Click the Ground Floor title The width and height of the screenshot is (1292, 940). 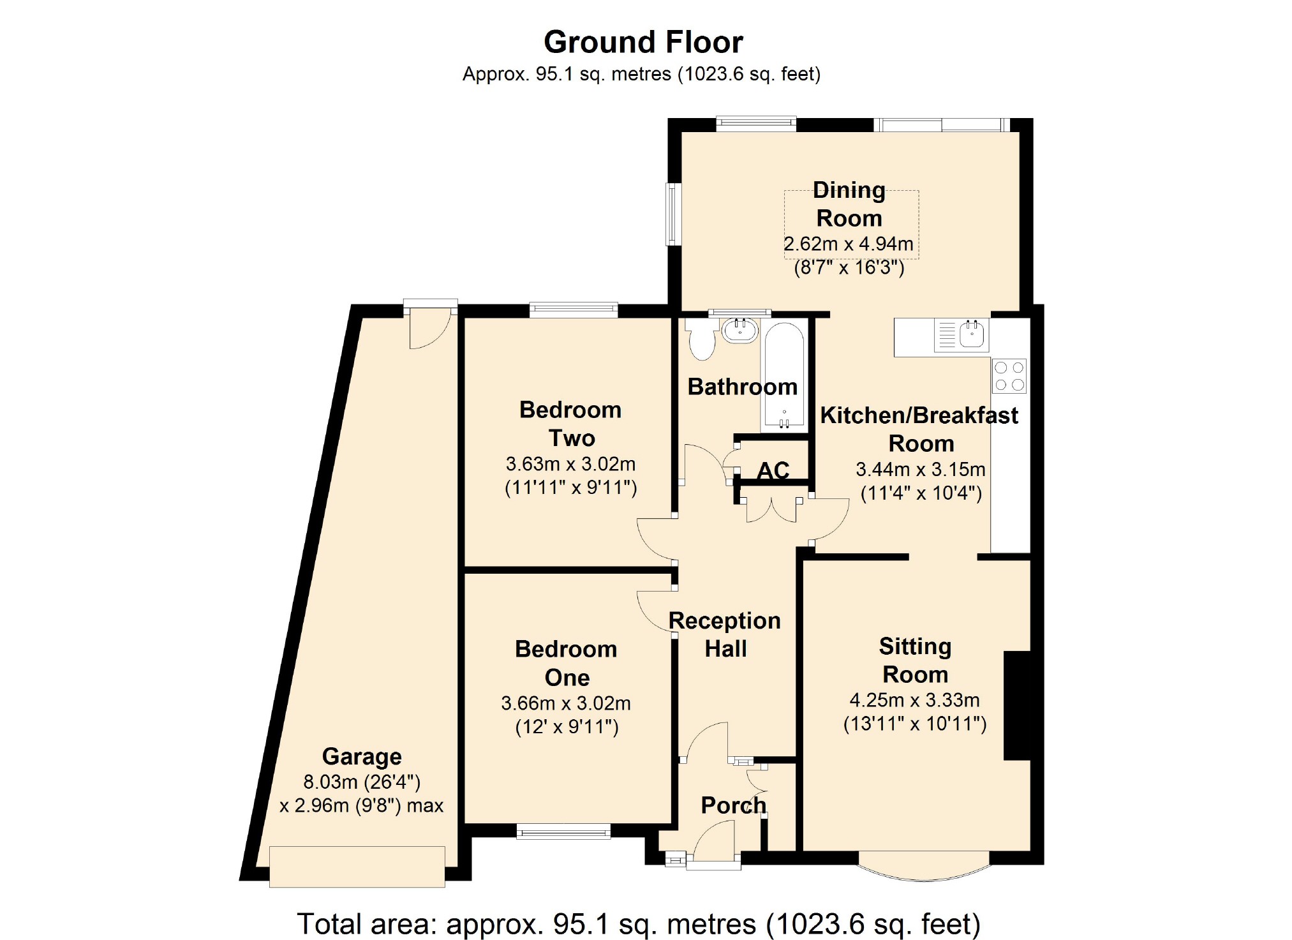point(643,43)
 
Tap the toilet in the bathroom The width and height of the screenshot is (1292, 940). point(702,339)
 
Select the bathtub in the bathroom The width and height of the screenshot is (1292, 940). point(784,377)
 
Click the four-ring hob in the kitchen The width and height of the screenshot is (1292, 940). point(1009,376)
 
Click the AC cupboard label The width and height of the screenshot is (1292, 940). point(773,471)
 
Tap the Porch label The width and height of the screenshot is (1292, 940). point(733,805)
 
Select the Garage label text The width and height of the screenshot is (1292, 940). point(362,756)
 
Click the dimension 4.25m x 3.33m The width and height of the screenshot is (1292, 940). point(914,700)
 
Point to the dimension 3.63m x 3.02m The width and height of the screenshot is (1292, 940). point(570,464)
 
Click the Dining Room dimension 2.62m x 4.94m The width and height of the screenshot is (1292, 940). point(848,244)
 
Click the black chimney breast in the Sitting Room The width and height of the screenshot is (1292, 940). point(1017,706)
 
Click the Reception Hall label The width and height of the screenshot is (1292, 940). point(725,634)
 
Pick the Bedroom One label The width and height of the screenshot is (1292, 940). point(567,663)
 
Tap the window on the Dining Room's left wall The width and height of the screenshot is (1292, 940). point(673,214)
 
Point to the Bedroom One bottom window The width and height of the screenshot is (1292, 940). point(563,831)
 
